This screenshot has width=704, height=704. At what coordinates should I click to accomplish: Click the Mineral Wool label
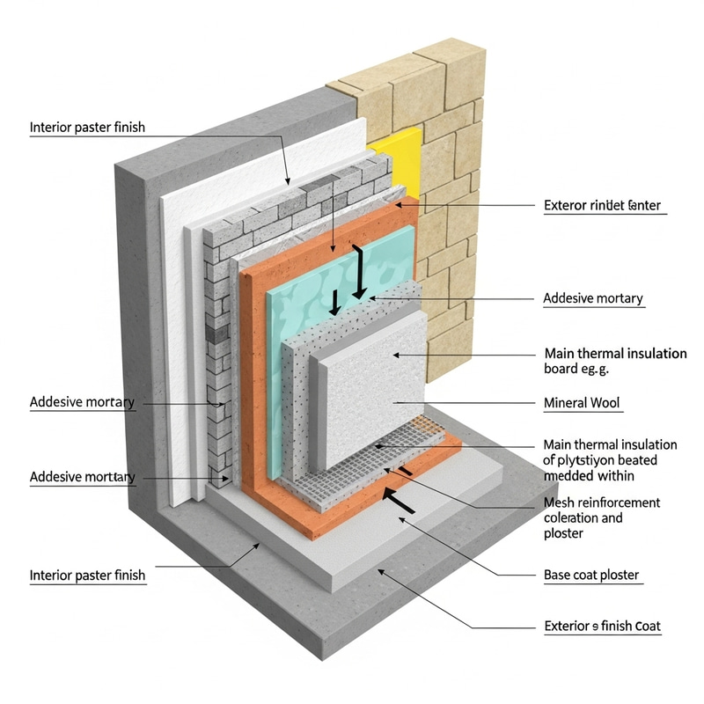(x=583, y=404)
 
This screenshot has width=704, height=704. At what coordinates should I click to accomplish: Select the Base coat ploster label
(x=591, y=576)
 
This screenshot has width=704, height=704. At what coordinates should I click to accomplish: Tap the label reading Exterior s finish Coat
(x=602, y=627)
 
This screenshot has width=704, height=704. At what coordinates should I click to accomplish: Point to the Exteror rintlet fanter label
(x=602, y=206)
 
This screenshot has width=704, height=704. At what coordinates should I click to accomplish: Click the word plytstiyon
(x=590, y=460)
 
